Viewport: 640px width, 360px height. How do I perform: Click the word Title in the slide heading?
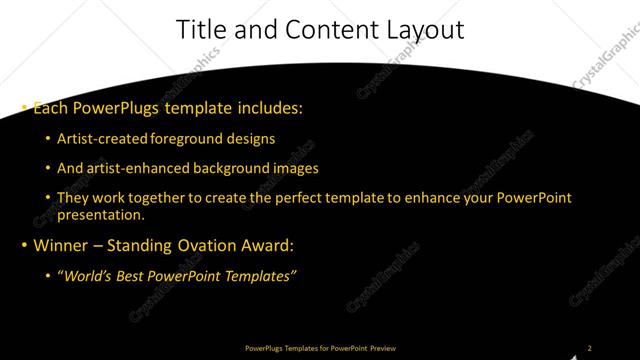pyautogui.click(x=199, y=30)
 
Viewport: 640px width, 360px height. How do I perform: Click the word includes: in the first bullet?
pyautogui.click(x=268, y=106)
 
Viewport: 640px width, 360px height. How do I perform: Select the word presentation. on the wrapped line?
pyautogui.click(x=102, y=214)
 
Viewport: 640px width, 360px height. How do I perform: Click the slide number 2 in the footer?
pyautogui.click(x=589, y=348)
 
